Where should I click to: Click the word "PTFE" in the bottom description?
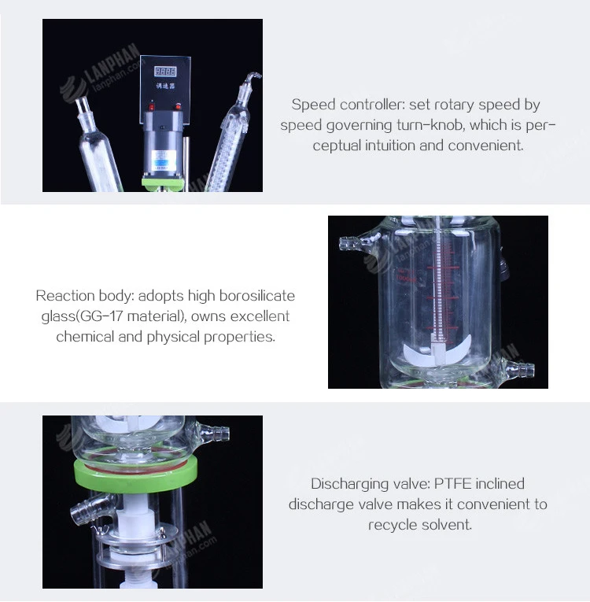(x=452, y=484)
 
